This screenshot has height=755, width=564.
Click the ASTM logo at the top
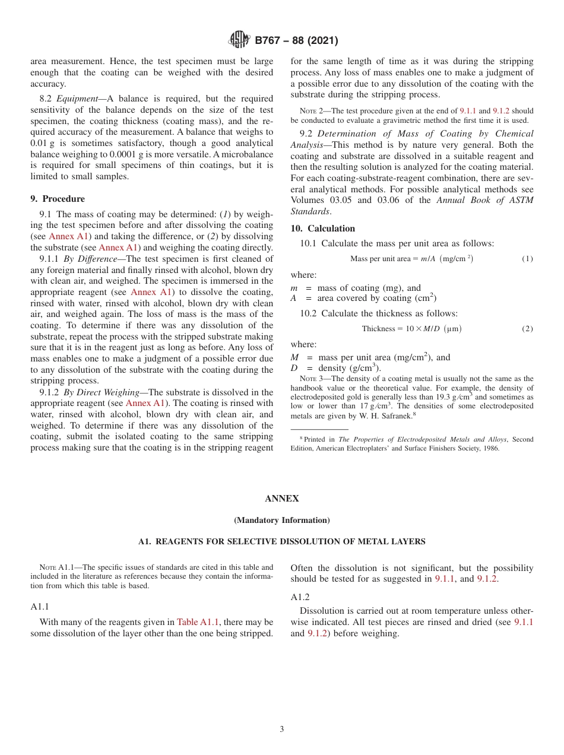(239, 40)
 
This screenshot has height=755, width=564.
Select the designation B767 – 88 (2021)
(296, 41)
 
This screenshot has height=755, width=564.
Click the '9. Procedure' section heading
(58, 199)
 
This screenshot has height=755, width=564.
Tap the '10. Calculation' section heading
(322, 229)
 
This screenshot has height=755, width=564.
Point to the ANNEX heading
(281, 499)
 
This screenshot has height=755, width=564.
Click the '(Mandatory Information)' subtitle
(281, 521)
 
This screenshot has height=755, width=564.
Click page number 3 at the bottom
(281, 729)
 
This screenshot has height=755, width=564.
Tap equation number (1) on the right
(527, 259)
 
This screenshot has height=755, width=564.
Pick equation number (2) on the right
(527, 329)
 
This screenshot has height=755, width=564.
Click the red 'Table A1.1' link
(198, 622)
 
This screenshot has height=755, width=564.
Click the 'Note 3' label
(310, 379)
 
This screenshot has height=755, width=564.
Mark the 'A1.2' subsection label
(300, 597)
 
